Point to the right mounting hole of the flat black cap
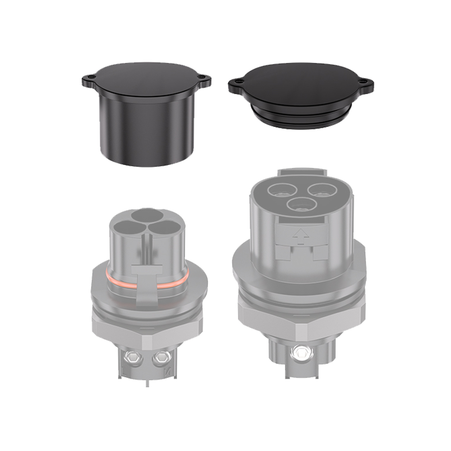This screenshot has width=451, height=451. (x=365, y=83)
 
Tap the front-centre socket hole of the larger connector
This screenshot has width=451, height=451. (x=299, y=206)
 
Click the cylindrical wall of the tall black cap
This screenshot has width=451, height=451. (x=144, y=131)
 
